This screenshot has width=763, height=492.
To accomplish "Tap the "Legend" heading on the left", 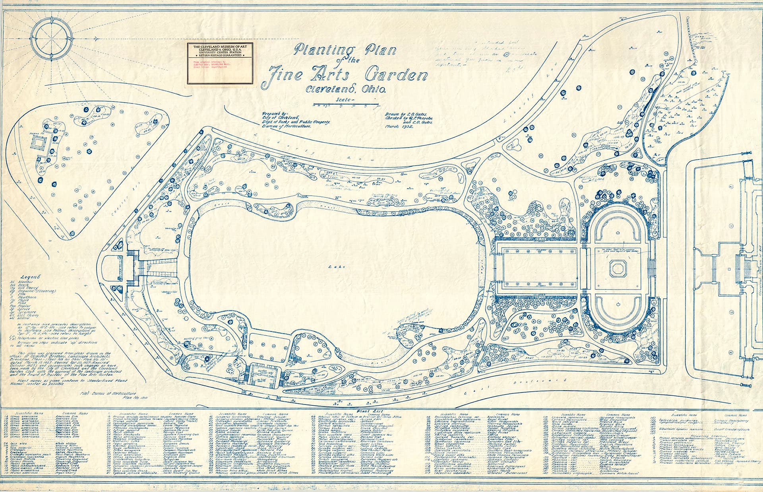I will [x=30, y=277].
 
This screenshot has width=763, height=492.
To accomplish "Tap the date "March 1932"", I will [x=399, y=128].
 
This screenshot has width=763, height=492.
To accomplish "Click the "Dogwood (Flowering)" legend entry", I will [x=36, y=291].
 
